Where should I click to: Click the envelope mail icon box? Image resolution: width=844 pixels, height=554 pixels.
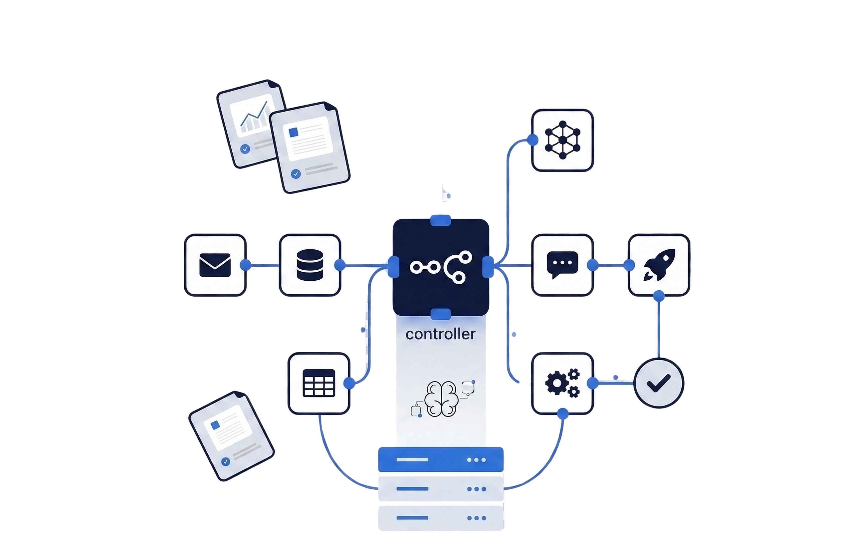[x=215, y=265]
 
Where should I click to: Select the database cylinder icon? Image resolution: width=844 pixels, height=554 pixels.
[x=310, y=265]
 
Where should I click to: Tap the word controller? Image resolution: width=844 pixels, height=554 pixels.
[x=440, y=334]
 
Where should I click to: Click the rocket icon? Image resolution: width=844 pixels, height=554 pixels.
[x=659, y=265]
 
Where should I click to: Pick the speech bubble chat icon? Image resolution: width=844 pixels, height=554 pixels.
[x=562, y=265]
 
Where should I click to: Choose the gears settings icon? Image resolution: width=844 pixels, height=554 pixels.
[x=562, y=383]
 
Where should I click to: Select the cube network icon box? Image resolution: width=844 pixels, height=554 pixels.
[x=562, y=140]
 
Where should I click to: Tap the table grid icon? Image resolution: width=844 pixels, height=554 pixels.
[x=319, y=383]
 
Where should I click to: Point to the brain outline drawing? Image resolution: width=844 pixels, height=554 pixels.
[x=442, y=399]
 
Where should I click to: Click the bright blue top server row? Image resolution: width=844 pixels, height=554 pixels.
[x=441, y=460]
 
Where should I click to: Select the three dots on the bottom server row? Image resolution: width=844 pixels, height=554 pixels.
[x=476, y=518]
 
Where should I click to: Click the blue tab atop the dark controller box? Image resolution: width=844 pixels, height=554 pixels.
[x=440, y=220]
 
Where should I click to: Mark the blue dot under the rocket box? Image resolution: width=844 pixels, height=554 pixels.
[x=659, y=296]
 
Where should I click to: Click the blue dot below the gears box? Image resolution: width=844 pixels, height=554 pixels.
[x=563, y=414]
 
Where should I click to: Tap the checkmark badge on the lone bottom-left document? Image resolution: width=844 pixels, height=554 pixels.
[x=226, y=461]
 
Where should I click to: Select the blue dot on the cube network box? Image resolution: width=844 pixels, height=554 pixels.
[x=532, y=140]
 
